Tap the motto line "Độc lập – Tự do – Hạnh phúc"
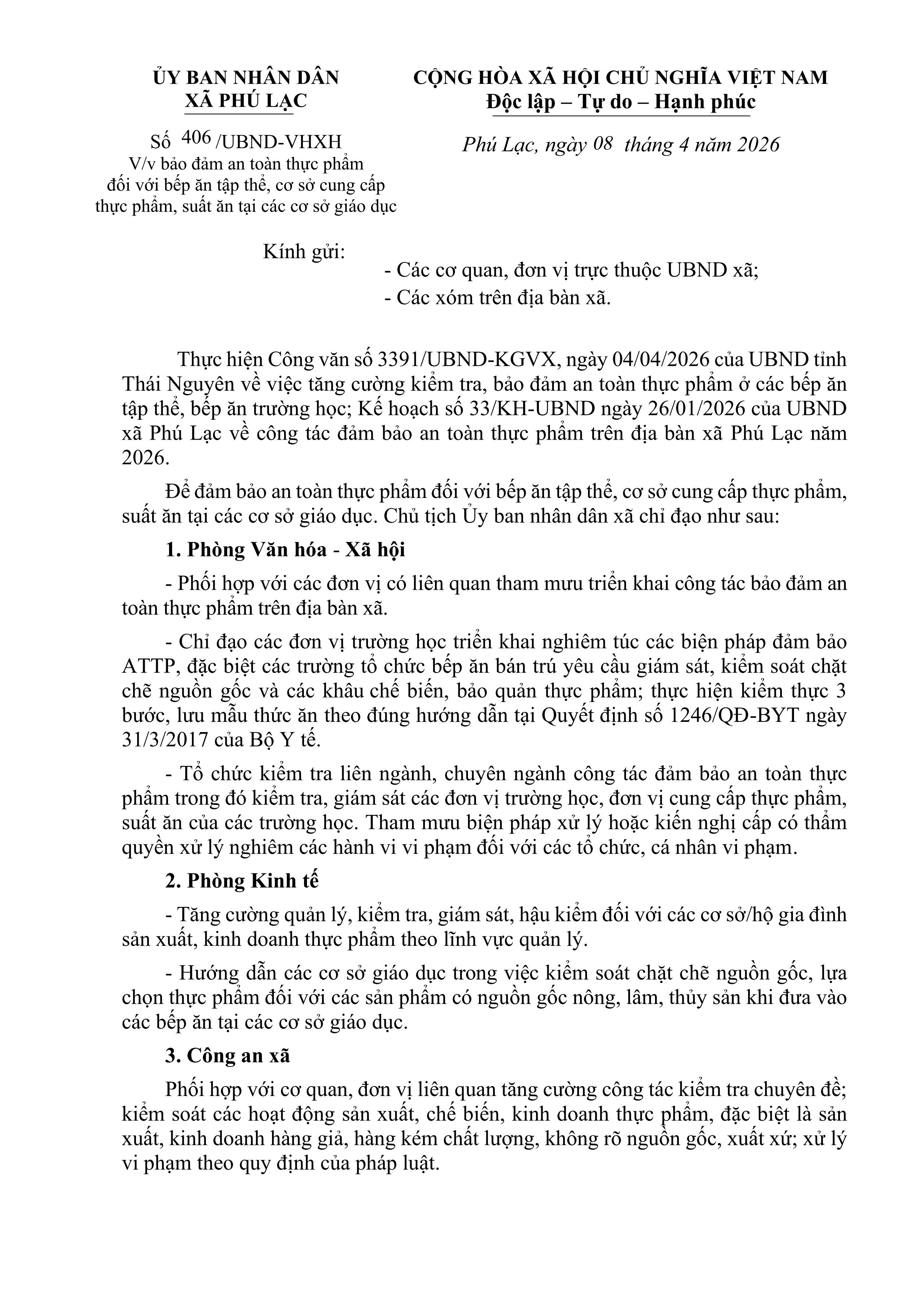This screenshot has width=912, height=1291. [x=621, y=102]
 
